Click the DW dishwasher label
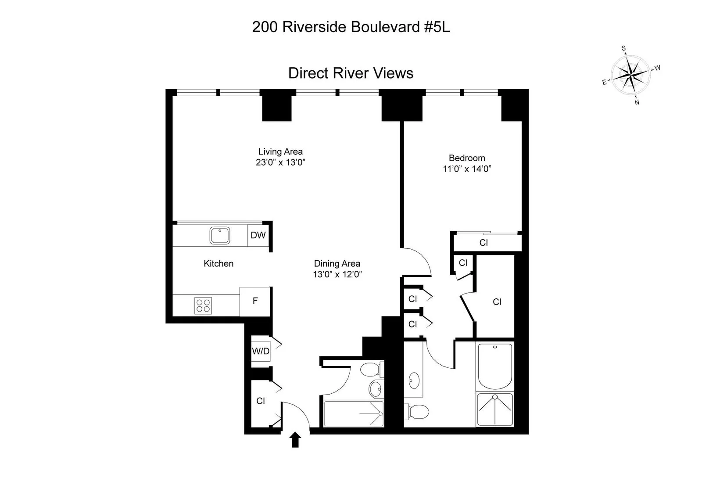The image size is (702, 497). pyautogui.click(x=258, y=235)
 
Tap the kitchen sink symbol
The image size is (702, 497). pyautogui.click(x=219, y=235)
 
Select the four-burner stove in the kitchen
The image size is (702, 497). pyautogui.click(x=203, y=305)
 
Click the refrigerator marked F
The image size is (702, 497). pyautogui.click(x=255, y=301)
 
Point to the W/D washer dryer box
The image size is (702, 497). pyautogui.click(x=261, y=351)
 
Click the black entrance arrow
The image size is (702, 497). pyautogui.click(x=296, y=439)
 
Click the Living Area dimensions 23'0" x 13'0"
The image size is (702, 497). pyautogui.click(x=280, y=162)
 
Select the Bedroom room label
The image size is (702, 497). pyautogui.click(x=467, y=158)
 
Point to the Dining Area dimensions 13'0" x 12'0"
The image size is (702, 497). pyautogui.click(x=337, y=275)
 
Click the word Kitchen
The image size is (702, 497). pyautogui.click(x=218, y=264)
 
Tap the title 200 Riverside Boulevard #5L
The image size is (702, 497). pyautogui.click(x=351, y=27)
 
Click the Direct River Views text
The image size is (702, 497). pyautogui.click(x=351, y=73)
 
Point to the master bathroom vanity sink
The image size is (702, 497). pyautogui.click(x=414, y=379)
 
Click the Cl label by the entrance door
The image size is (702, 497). pyautogui.click(x=261, y=401)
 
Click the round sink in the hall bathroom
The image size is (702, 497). pyautogui.click(x=375, y=388)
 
